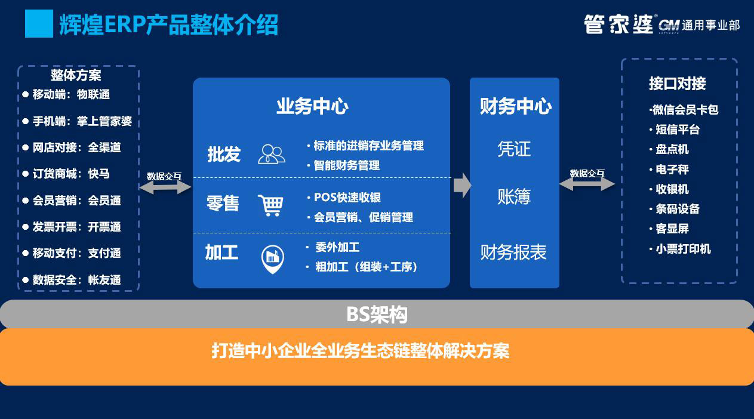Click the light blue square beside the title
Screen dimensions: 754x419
click(x=39, y=23)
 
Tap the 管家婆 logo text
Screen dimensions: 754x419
click(x=618, y=24)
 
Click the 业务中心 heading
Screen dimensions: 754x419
click(x=312, y=106)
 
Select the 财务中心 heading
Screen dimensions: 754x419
click(x=515, y=106)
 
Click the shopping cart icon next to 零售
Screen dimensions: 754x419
click(x=270, y=205)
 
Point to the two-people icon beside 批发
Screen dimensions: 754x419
click(x=271, y=154)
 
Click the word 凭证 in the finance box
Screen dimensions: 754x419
click(x=514, y=149)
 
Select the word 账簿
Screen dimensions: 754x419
click(x=514, y=196)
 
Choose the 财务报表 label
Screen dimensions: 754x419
click(x=513, y=252)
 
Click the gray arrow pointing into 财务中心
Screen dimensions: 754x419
click(x=462, y=185)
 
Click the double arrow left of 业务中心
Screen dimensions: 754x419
click(x=165, y=187)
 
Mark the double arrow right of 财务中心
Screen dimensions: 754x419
click(x=587, y=184)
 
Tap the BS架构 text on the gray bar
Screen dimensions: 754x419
click(x=377, y=315)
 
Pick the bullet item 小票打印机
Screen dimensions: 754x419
click(x=680, y=249)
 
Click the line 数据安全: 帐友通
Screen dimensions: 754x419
click(x=72, y=280)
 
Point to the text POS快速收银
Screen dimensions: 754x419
click(x=344, y=198)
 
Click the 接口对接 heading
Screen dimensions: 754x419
click(x=677, y=84)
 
